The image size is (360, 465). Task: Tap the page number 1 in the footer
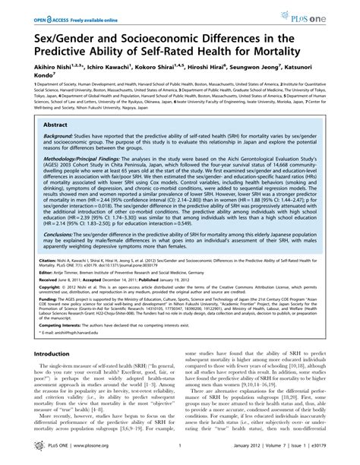coord(179,454)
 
